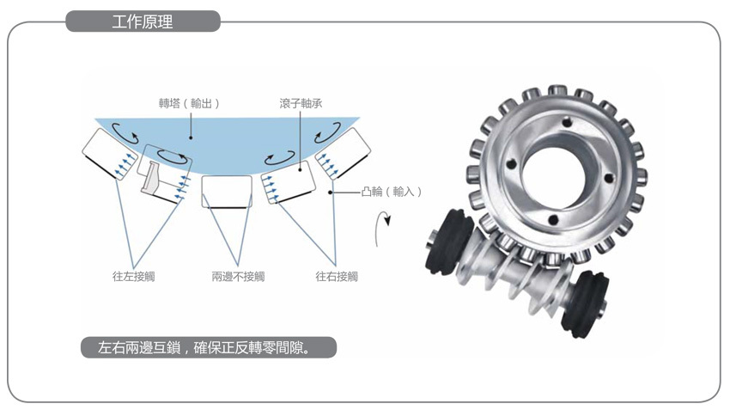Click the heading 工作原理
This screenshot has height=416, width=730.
(x=143, y=21)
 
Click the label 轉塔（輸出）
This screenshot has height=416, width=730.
(x=189, y=103)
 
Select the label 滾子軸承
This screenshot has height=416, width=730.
(x=301, y=103)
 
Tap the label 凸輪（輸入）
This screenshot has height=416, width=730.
(x=392, y=192)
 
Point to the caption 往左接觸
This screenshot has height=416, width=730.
(x=134, y=276)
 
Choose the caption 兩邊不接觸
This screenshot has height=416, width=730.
(x=238, y=276)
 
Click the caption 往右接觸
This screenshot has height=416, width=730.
(x=337, y=276)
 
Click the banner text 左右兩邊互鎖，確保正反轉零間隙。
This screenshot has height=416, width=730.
(x=204, y=347)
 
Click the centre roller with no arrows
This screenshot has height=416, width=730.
(x=227, y=191)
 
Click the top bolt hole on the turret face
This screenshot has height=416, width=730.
(x=567, y=123)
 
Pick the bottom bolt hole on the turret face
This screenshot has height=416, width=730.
(x=554, y=220)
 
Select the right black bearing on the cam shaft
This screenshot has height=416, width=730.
(x=585, y=304)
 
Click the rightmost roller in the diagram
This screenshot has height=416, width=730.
(x=344, y=153)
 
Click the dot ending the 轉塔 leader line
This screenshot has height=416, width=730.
(x=191, y=138)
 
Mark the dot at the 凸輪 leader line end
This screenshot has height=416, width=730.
(x=330, y=192)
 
